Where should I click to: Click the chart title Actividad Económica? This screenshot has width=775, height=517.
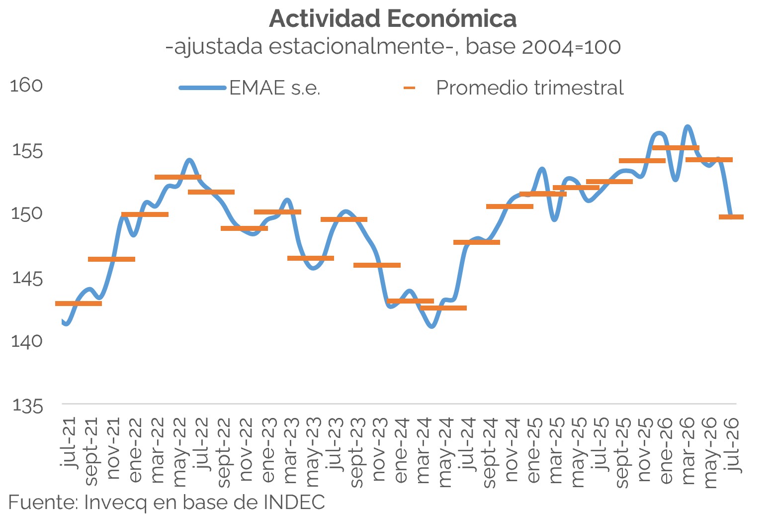393,19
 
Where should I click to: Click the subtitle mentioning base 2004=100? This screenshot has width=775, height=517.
393,47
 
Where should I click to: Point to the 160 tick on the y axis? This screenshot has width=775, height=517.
26,85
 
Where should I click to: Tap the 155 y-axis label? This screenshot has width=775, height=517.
27,151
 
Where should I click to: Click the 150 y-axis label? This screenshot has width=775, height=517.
27,213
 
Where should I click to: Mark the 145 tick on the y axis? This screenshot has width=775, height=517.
27,278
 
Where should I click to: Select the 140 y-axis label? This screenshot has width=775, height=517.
27,341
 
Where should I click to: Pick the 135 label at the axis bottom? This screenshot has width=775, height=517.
27,406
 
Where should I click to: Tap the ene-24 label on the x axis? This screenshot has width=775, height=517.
401,450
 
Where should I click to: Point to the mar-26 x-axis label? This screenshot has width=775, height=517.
688,451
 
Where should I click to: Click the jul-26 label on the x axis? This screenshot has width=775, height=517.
733,444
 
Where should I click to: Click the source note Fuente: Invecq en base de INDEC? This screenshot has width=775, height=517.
167,502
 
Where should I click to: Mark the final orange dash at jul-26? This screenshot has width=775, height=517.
731,217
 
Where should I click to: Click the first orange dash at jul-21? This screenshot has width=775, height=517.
79,304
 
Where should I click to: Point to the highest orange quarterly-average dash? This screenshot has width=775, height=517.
676,148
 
